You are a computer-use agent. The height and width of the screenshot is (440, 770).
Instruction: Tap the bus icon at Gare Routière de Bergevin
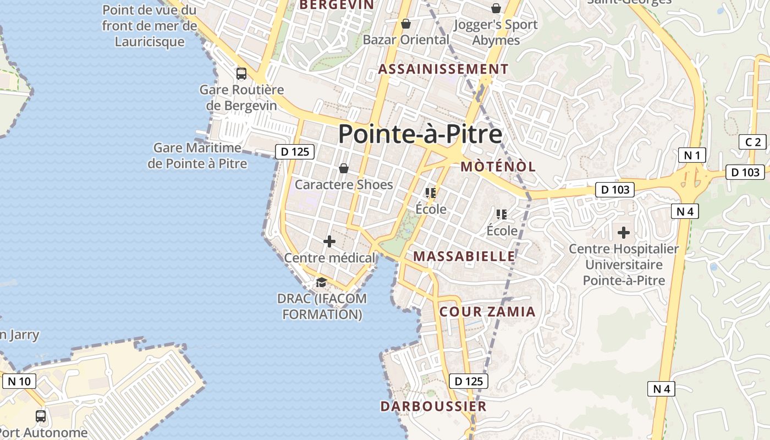241,73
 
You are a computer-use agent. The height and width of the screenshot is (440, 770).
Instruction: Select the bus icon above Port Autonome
41,416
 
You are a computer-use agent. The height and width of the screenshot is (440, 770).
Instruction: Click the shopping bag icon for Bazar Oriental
406,24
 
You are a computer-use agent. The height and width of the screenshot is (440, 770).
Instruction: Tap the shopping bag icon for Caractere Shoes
344,168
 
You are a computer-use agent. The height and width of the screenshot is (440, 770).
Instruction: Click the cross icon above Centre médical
329,241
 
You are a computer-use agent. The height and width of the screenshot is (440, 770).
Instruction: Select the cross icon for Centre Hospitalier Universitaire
623,233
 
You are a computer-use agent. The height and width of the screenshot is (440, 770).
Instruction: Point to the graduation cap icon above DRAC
321,283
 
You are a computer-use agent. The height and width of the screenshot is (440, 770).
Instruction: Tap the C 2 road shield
752,142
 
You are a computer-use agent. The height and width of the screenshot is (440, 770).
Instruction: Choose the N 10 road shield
19,381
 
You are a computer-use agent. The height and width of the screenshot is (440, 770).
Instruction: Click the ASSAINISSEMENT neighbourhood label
443,69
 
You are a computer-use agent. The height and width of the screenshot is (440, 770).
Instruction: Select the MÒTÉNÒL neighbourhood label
498,167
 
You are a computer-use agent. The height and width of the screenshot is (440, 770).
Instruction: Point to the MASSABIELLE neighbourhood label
464,256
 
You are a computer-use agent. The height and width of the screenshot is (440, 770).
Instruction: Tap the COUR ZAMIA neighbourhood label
487,312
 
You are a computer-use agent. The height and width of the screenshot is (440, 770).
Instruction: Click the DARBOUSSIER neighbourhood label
433,406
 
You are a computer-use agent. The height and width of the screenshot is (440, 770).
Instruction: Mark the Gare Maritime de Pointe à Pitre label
197,156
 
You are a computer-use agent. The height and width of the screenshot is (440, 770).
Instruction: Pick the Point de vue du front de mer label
150,25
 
